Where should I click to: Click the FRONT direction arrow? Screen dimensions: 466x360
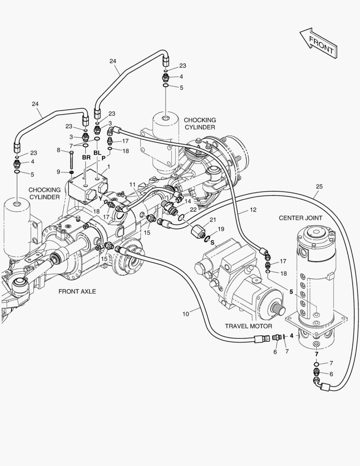click(319, 43)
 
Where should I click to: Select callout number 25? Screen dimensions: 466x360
click(319, 186)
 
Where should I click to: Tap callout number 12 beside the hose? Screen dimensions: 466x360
click(253, 210)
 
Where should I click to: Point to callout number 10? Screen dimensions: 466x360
click(185, 314)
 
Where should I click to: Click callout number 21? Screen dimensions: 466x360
click(212, 220)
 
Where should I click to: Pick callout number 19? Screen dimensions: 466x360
click(221, 229)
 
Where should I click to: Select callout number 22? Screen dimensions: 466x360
click(194, 210)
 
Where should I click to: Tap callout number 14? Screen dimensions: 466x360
click(188, 202)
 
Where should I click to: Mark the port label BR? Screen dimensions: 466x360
click(86, 157)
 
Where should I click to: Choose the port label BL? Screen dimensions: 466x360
click(97, 153)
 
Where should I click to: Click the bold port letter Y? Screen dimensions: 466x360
click(100, 199)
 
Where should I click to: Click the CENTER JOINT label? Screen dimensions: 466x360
click(300, 218)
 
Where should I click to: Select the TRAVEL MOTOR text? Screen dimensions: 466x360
click(248, 326)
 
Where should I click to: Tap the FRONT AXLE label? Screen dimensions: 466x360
click(77, 292)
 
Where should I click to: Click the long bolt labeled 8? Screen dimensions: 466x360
click(71, 161)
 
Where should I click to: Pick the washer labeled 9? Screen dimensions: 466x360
click(72, 173)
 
